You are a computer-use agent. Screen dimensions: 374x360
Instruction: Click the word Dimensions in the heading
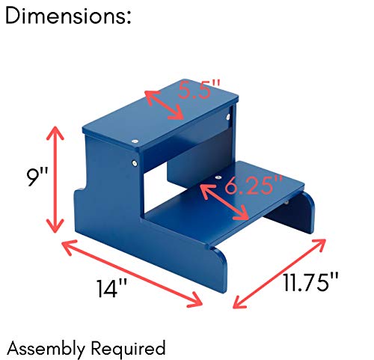[x=65, y=16]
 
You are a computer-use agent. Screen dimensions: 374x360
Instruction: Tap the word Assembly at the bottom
[x=46, y=348]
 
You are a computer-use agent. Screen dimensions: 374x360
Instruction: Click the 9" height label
[x=37, y=177]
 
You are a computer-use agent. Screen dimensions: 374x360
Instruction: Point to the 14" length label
[x=111, y=288]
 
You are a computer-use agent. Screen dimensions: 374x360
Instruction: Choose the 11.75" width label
[x=311, y=282]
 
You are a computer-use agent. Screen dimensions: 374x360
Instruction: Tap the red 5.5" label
[x=200, y=89]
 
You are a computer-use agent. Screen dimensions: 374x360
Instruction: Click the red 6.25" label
[x=254, y=185]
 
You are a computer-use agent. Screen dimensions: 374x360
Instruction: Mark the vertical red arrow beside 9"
[x=55, y=180]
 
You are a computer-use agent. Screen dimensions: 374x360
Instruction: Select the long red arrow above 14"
[x=132, y=273]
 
